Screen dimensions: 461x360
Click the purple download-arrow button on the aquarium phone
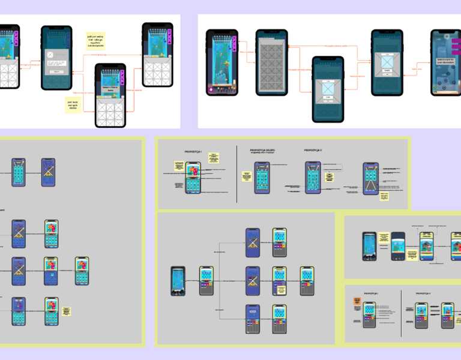(x=211, y=90)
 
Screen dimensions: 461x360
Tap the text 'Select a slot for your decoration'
(x=446, y=62)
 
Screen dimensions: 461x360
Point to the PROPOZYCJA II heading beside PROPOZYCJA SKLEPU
(x=313, y=150)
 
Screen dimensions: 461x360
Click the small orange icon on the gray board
(x=357, y=300)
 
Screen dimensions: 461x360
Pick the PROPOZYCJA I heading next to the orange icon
(x=371, y=293)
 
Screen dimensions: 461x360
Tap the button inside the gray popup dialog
(x=56, y=71)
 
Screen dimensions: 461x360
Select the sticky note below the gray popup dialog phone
(x=73, y=106)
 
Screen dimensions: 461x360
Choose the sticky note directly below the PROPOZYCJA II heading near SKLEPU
(x=329, y=175)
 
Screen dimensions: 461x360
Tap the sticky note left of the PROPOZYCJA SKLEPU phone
(x=246, y=176)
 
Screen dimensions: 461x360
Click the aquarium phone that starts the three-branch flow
(x=178, y=281)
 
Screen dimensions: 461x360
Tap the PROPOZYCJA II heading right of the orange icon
(x=428, y=293)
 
